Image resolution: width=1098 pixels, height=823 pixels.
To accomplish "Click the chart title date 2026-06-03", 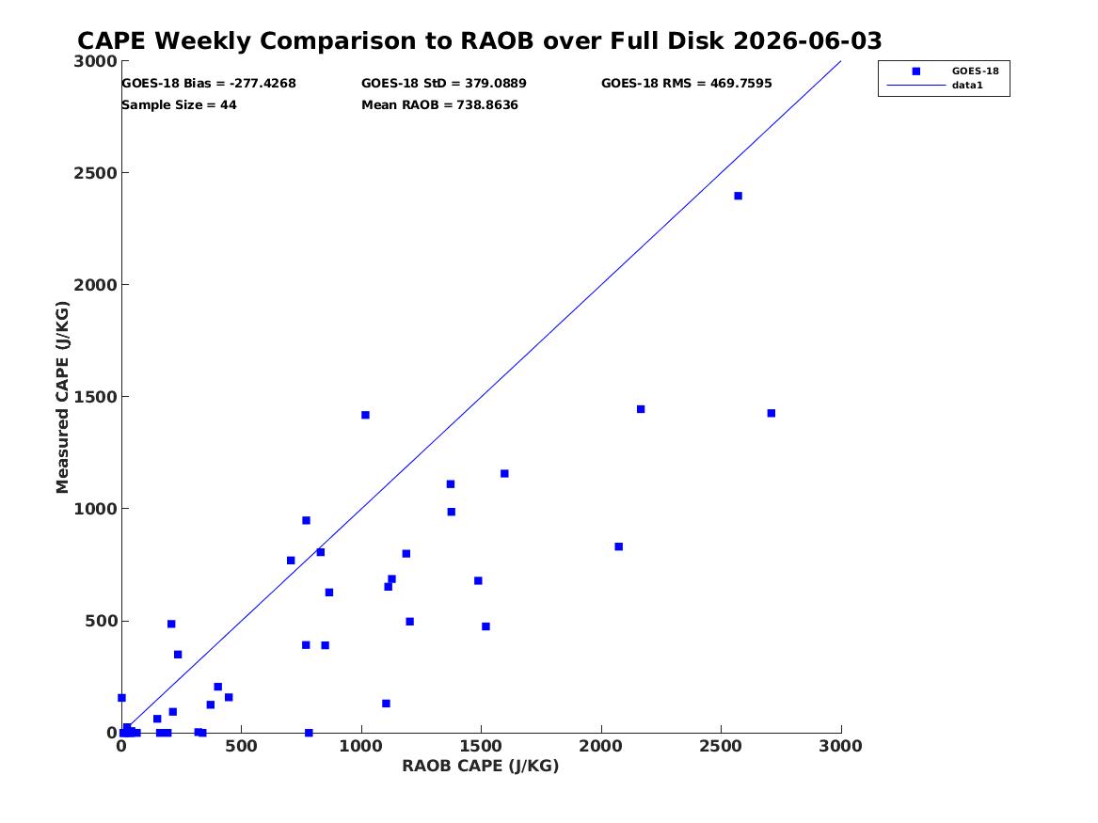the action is pyautogui.click(x=807, y=41).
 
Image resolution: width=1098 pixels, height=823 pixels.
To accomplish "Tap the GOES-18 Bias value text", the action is pyautogui.click(x=209, y=84).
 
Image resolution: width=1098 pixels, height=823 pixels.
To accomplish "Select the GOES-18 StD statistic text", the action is pyautogui.click(x=444, y=84).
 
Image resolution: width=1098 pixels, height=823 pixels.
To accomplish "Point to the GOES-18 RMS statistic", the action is pyautogui.click(x=686, y=84).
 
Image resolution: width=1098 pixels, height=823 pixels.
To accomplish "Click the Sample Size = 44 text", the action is pyautogui.click(x=180, y=105).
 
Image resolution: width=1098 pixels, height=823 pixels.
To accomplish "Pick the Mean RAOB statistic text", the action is pyautogui.click(x=439, y=105).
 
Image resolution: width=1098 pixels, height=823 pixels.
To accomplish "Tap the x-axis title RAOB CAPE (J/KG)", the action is pyautogui.click(x=481, y=767).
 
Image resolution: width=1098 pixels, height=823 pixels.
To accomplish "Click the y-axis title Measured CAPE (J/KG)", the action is pyautogui.click(x=62, y=397).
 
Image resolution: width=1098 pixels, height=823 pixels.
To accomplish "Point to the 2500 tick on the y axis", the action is pyautogui.click(x=95, y=173).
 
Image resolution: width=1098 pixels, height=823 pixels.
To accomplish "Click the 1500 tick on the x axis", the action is pyautogui.click(x=481, y=746).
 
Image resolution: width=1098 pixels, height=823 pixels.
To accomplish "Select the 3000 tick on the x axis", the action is pyautogui.click(x=840, y=746).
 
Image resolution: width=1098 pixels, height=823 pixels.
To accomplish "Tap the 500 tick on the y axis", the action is pyautogui.click(x=101, y=621).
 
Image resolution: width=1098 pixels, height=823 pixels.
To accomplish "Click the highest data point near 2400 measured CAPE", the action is pyautogui.click(x=738, y=196).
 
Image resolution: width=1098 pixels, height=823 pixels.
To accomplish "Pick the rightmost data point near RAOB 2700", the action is pyautogui.click(x=771, y=413).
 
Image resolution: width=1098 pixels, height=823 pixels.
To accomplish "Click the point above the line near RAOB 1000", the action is pyautogui.click(x=365, y=415).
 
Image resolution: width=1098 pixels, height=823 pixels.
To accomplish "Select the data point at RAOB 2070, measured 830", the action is pyautogui.click(x=618, y=546).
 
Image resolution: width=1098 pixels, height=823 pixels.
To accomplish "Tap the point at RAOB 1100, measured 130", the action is pyautogui.click(x=386, y=704).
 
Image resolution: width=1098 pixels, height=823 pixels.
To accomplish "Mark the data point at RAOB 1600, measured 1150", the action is pyautogui.click(x=504, y=474).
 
